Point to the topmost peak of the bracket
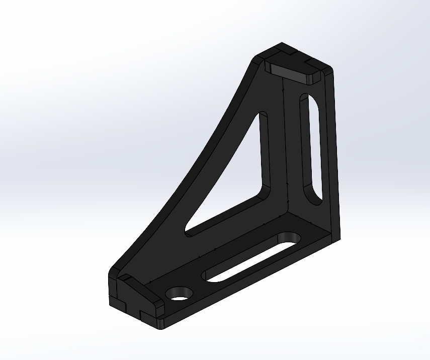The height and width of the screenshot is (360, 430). click(x=282, y=44)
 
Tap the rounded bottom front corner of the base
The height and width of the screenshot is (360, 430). click(x=160, y=324)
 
